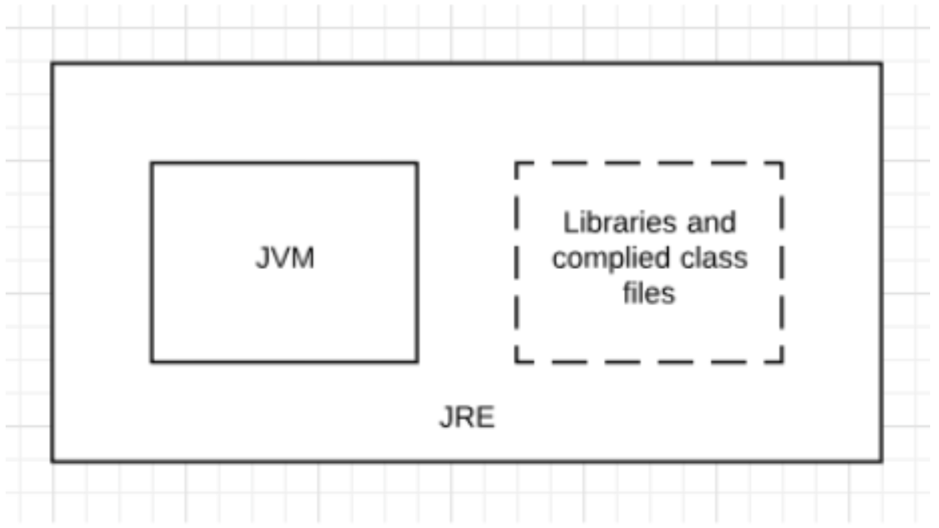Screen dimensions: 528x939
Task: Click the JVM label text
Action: pyautogui.click(x=284, y=260)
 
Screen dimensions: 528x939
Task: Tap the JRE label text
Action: pyautogui.click(x=467, y=419)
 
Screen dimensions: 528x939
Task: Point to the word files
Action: pyautogui.click(x=649, y=293)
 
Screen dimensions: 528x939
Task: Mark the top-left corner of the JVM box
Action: pyautogui.click(x=151, y=163)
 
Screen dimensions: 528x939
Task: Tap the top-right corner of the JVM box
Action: pyautogui.click(x=417, y=163)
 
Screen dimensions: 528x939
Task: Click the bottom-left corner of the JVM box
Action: pyautogui.click(x=151, y=361)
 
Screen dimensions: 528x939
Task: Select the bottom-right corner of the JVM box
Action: pyautogui.click(x=417, y=361)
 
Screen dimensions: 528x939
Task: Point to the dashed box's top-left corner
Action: pyautogui.click(x=516, y=163)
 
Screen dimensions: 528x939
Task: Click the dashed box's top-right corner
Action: pyautogui.click(x=782, y=163)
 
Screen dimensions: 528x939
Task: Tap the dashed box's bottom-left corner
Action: pyautogui.click(x=516, y=361)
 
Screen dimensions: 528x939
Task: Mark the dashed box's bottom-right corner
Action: pyautogui.click(x=782, y=361)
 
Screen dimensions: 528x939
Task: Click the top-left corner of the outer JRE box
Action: pyautogui.click(x=53, y=63)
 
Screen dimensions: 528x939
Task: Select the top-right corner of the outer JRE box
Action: pyautogui.click(x=881, y=63)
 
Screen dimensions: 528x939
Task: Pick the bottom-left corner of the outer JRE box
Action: pyautogui.click(x=53, y=461)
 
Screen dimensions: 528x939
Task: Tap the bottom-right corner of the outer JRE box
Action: pyautogui.click(x=881, y=461)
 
